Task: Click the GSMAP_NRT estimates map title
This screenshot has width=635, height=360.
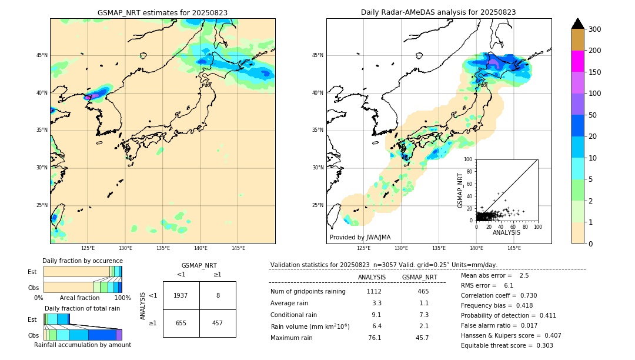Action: click(x=162, y=12)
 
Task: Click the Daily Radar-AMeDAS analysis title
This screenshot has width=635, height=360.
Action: click(x=439, y=12)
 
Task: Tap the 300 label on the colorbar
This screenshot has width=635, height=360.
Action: click(x=594, y=29)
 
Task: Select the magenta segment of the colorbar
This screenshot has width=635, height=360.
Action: click(x=578, y=61)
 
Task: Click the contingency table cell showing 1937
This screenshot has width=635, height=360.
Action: click(x=181, y=295)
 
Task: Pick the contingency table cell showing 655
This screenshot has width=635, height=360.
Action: click(x=181, y=323)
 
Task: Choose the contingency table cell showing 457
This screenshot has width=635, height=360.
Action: click(x=218, y=323)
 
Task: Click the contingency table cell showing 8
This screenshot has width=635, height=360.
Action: click(x=218, y=295)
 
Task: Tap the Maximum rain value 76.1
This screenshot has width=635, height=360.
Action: click(x=375, y=338)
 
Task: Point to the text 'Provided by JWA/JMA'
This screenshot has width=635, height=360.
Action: click(x=360, y=238)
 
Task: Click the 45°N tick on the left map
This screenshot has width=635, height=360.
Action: click(x=42, y=55)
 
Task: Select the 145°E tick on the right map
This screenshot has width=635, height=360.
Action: click(x=514, y=248)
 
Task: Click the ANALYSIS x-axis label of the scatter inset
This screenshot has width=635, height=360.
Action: click(x=506, y=232)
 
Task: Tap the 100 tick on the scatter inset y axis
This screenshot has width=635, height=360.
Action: click(x=468, y=159)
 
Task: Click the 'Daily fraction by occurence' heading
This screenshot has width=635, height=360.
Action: click(x=82, y=261)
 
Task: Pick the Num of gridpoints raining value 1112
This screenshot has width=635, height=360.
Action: click(x=374, y=291)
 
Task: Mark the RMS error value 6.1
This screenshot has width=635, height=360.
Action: click(x=509, y=285)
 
